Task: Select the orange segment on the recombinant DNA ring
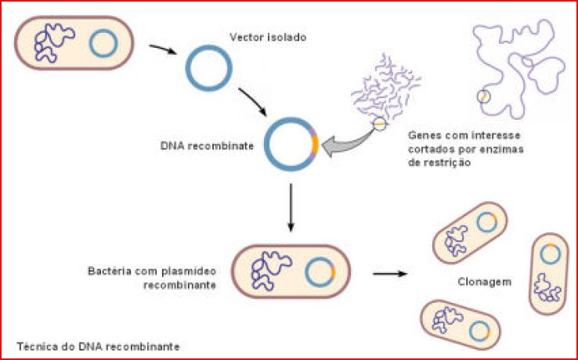coord(314,145)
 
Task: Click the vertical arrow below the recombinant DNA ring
coord(291,207)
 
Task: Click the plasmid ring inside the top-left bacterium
coord(102,44)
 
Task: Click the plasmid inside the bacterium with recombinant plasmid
coord(319,272)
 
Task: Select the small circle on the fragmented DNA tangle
coord(379,122)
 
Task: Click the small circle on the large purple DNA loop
coord(484,97)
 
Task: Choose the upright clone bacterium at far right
coord(548,273)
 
